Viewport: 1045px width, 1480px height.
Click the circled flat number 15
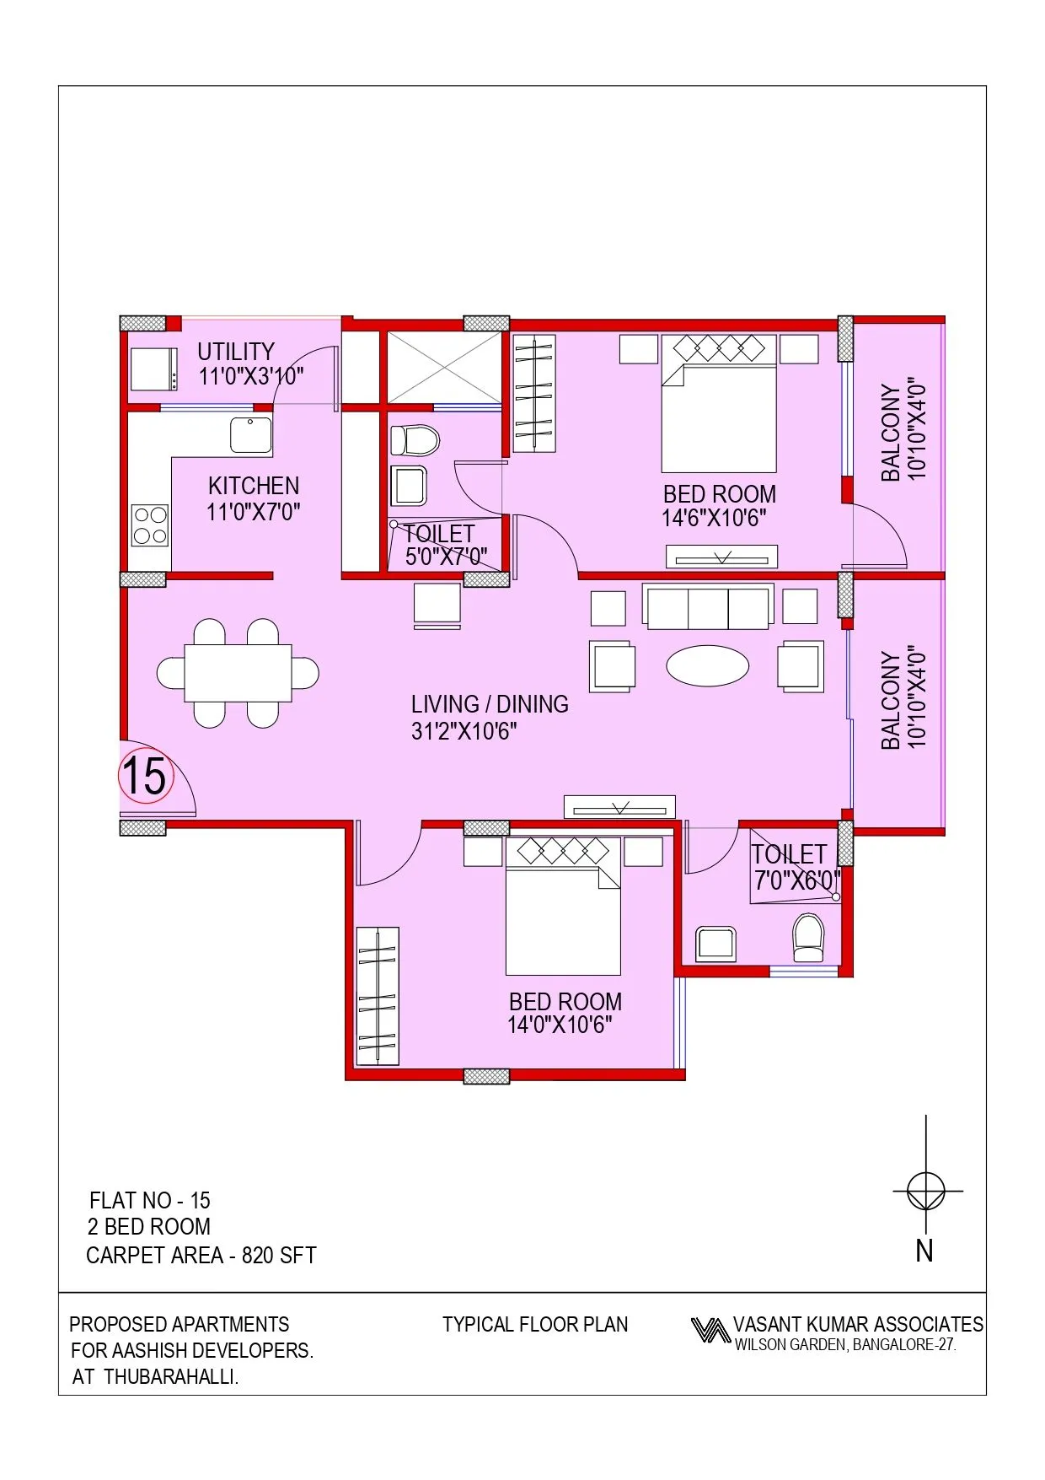tap(145, 775)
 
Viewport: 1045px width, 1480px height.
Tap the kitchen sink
tap(251, 435)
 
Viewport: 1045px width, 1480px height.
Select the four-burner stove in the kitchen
tap(150, 525)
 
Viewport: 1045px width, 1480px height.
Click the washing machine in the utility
tap(154, 369)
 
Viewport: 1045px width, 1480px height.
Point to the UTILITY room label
tap(236, 352)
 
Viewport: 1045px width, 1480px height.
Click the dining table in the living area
tap(238, 673)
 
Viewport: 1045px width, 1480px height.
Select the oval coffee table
tap(707, 666)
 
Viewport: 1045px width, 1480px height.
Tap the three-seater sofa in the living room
tap(708, 607)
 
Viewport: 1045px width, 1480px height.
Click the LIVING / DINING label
tap(490, 704)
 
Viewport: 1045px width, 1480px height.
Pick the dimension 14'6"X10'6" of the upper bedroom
tap(714, 518)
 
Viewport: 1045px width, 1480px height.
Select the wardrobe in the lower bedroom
tap(378, 996)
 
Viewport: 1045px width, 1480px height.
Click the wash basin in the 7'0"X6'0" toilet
tap(715, 944)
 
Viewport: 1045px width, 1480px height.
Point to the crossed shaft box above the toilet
tap(443, 367)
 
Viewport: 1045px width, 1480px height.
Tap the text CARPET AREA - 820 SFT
tap(201, 1256)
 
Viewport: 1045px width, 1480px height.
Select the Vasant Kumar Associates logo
tap(710, 1330)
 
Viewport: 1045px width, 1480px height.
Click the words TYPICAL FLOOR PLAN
tap(535, 1325)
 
